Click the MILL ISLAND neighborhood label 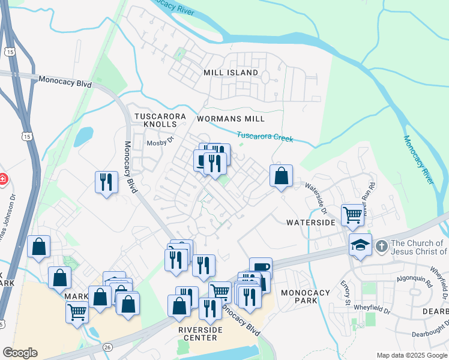231,73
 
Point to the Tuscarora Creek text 265,137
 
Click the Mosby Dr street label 160,142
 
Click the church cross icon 381,246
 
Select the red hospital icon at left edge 2,179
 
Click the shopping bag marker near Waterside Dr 281,176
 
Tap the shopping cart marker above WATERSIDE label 352,214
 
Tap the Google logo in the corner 20,353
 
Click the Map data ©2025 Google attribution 412,355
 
